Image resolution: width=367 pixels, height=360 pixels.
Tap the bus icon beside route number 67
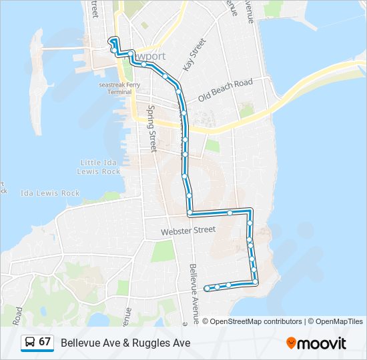point(31,343)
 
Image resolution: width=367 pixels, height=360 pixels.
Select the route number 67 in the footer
point(45,342)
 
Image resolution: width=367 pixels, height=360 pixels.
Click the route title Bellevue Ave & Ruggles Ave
point(125,343)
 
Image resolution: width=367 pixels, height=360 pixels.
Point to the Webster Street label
point(188,231)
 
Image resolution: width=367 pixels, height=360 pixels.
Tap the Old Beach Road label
point(226,91)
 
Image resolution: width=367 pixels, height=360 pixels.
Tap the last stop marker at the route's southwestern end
point(208,288)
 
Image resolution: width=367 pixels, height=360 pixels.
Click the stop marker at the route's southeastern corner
point(256,283)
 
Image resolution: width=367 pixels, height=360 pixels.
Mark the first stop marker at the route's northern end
point(113,41)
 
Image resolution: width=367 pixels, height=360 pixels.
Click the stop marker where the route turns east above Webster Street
point(190,213)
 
